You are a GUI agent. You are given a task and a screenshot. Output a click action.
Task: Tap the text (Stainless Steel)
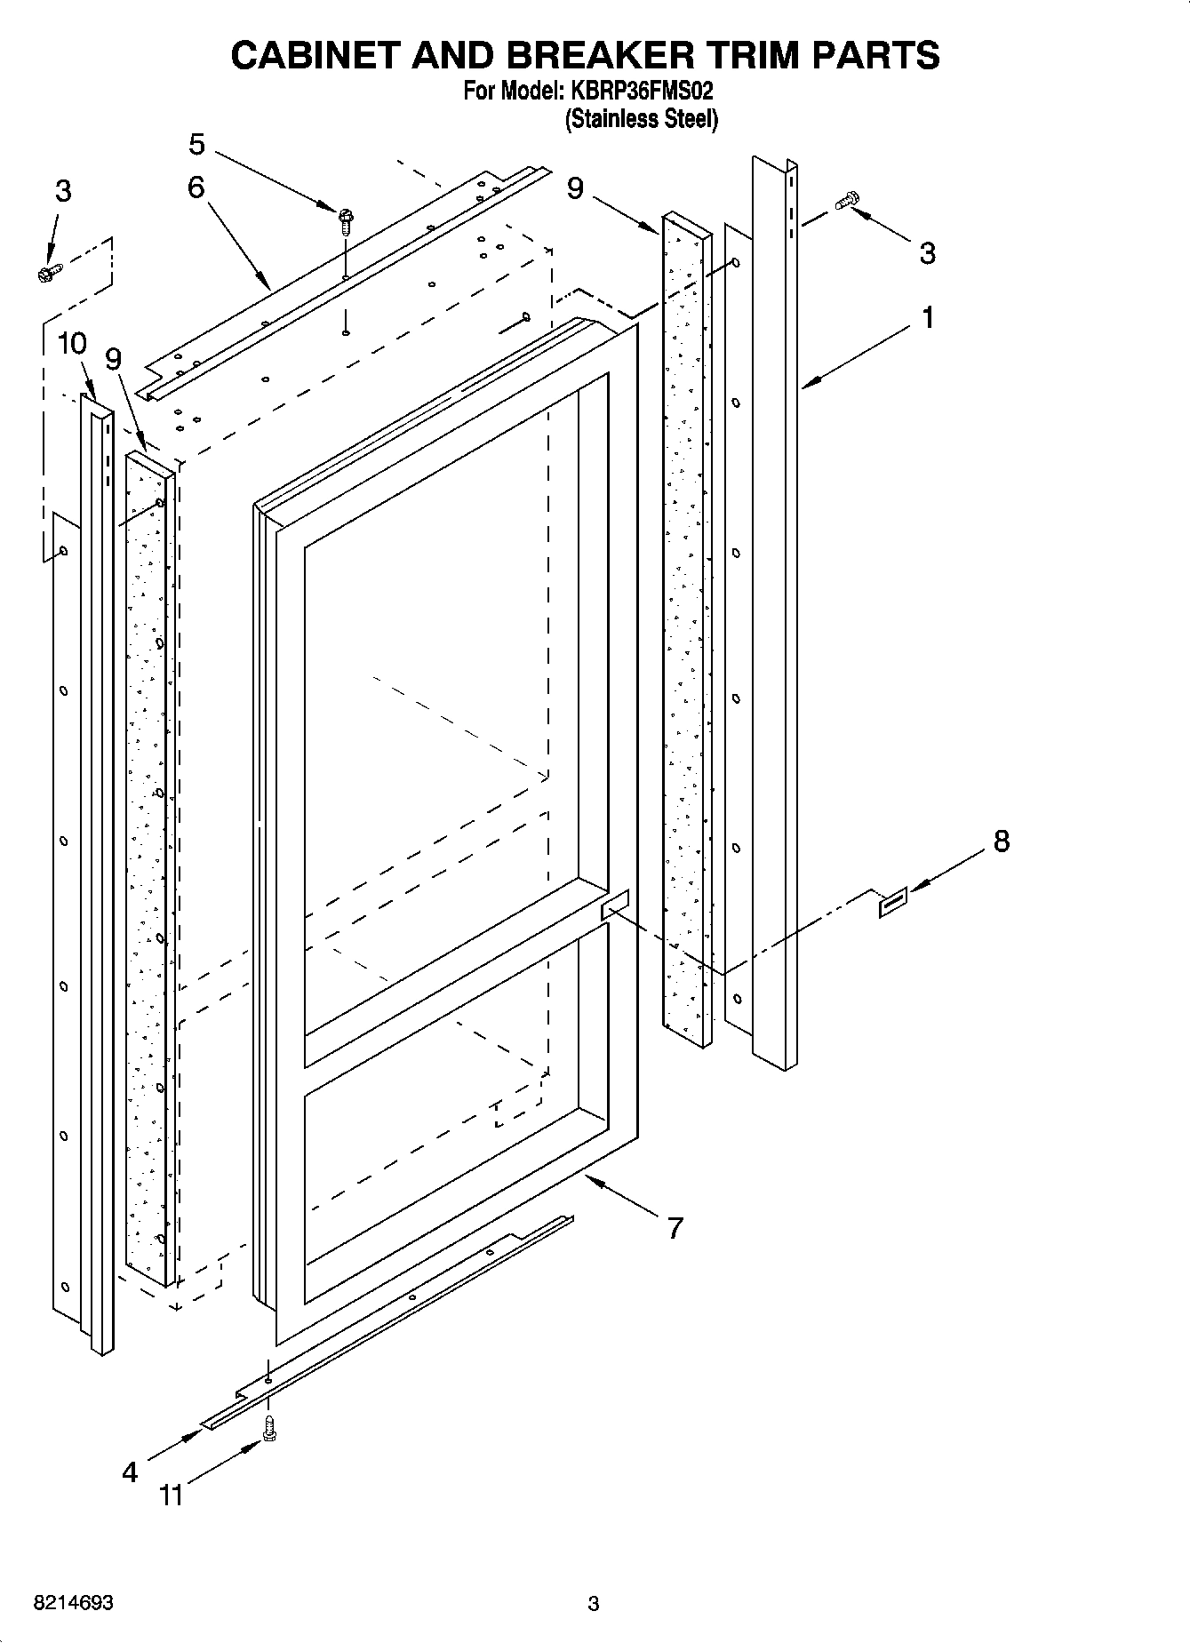pyautogui.click(x=642, y=118)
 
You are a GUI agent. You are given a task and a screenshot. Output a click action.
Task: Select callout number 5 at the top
pyautogui.click(x=197, y=143)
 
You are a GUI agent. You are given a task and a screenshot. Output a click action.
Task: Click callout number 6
pyautogui.click(x=196, y=187)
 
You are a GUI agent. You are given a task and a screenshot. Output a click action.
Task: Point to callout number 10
pyautogui.click(x=73, y=343)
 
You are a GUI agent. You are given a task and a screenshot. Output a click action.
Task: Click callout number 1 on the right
pyautogui.click(x=927, y=317)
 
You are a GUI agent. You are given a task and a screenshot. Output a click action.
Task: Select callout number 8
pyautogui.click(x=1001, y=841)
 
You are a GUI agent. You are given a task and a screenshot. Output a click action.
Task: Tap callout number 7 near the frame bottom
pyautogui.click(x=675, y=1228)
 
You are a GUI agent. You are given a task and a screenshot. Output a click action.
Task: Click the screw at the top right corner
pyautogui.click(x=847, y=201)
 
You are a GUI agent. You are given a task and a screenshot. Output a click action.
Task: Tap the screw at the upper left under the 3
pyautogui.click(x=49, y=273)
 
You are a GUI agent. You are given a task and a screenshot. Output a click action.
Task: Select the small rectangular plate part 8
pyautogui.click(x=893, y=901)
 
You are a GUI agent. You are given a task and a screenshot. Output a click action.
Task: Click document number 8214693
pyautogui.click(x=73, y=1603)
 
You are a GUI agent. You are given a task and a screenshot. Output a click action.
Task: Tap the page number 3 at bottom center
pyautogui.click(x=594, y=1604)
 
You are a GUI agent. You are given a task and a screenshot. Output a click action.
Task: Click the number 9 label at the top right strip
pyautogui.click(x=576, y=188)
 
